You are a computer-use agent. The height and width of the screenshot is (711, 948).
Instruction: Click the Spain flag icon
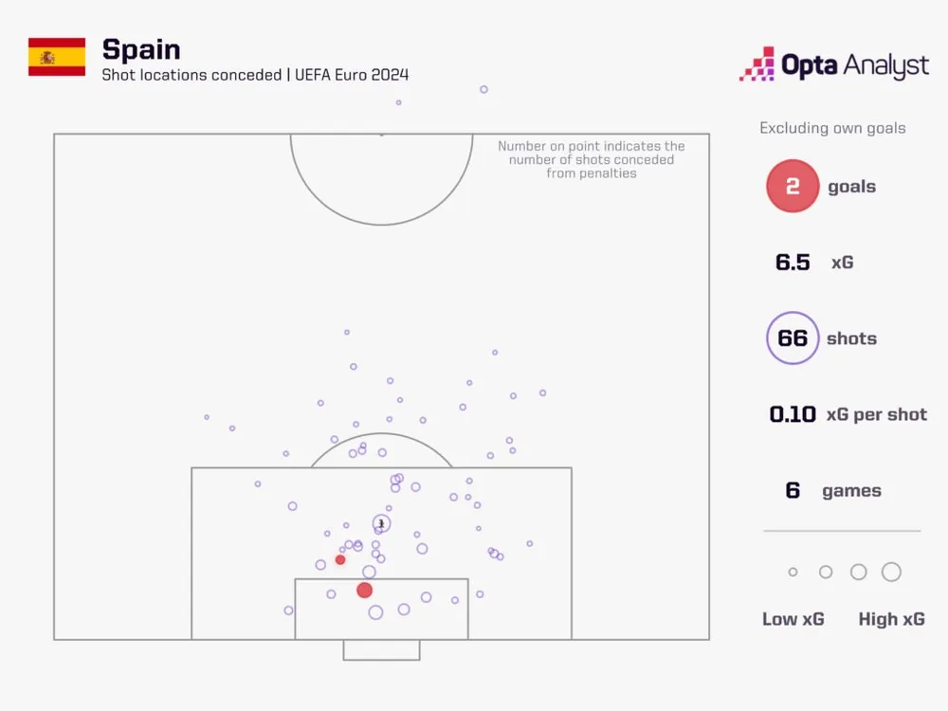click(x=57, y=57)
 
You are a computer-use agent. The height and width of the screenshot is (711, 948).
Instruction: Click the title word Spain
click(x=140, y=49)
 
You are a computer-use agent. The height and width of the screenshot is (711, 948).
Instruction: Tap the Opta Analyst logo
click(x=834, y=64)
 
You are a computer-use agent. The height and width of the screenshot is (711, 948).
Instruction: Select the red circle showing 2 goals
click(x=793, y=187)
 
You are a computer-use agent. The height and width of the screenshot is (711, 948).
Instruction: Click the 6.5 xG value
click(x=793, y=263)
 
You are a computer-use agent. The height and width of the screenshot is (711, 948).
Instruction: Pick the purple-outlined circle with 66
click(x=793, y=338)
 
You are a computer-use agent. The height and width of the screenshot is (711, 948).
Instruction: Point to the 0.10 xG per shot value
click(x=793, y=414)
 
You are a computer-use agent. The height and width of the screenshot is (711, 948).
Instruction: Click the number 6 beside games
click(x=793, y=490)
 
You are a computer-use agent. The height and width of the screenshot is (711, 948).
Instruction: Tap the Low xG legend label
click(x=793, y=619)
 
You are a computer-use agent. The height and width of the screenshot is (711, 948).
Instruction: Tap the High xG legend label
click(x=891, y=619)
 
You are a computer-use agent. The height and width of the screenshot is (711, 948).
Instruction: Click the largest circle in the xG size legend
click(x=891, y=572)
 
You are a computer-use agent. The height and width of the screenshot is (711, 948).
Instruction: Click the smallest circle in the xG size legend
click(x=793, y=572)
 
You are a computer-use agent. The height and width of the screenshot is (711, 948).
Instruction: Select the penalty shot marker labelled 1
click(x=381, y=523)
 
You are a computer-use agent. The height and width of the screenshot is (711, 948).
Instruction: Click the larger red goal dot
click(x=365, y=591)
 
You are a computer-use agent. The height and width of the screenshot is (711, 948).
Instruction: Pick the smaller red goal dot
click(x=340, y=559)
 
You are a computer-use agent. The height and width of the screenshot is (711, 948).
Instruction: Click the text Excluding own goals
click(x=832, y=128)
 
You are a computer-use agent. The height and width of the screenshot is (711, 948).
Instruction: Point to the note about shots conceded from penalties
click(x=592, y=159)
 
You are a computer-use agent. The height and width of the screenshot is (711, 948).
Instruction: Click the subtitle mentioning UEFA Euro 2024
click(x=255, y=75)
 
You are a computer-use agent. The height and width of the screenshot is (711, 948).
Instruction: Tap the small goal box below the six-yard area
click(x=381, y=649)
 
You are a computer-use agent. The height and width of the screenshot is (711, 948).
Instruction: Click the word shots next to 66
click(x=851, y=338)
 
